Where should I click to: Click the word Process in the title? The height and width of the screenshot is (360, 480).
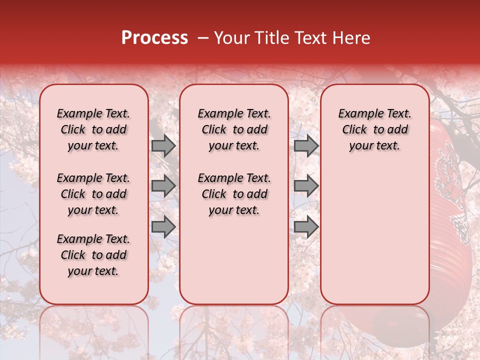[x=154, y=38]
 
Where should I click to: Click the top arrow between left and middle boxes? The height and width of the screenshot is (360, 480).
[x=163, y=145]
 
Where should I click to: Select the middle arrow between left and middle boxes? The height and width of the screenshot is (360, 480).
[x=163, y=186]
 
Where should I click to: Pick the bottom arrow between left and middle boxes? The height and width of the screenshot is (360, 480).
[x=163, y=226]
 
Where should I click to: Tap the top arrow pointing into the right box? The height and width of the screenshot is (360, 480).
[x=306, y=145]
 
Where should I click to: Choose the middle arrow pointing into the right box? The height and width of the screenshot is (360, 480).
[x=306, y=186]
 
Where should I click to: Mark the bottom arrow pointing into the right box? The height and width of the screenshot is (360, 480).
[x=306, y=226]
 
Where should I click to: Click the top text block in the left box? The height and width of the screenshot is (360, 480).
[x=93, y=129]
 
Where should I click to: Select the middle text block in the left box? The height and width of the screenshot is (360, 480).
[x=93, y=194]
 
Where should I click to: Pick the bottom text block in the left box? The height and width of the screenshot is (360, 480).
[x=93, y=255]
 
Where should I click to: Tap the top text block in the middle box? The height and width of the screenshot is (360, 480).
[x=234, y=129]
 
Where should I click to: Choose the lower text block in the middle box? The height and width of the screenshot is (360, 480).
[x=234, y=194]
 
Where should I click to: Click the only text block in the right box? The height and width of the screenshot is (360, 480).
[x=374, y=129]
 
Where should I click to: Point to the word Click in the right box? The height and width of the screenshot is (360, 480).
[x=354, y=129]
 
